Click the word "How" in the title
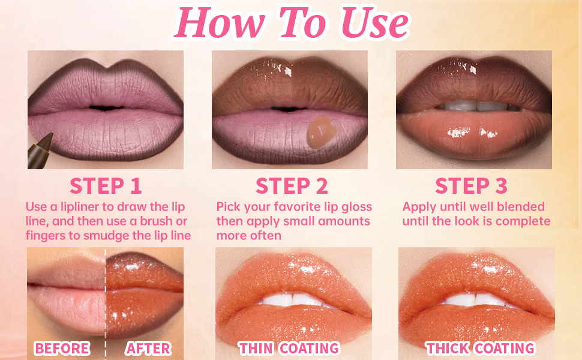(220, 23)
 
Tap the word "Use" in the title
(374, 23)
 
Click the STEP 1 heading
(106, 186)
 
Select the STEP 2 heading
(292, 186)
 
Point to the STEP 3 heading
(471, 186)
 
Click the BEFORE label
(62, 349)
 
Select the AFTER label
(148, 349)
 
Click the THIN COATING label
(289, 348)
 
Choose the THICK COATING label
(480, 348)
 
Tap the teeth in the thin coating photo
(293, 299)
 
